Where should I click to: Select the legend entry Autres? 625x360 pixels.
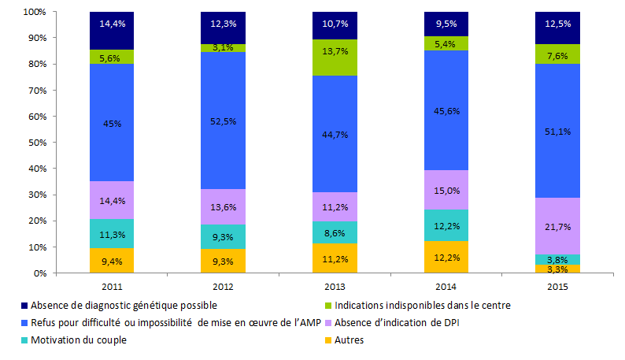tap(348, 340)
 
